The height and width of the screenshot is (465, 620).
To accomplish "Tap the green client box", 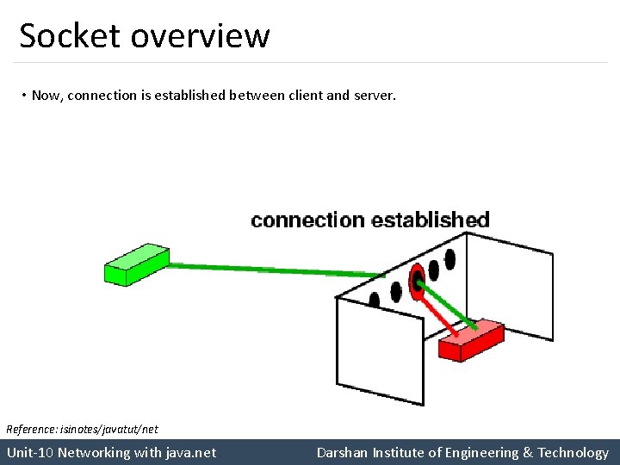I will pos(136,263).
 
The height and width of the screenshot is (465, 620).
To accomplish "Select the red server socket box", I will pos(470,341).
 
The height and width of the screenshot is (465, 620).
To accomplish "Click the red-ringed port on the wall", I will pos(418,280).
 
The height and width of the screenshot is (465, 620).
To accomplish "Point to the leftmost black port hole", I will pos(375,300).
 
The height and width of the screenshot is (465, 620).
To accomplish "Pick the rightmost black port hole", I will pos(449,258).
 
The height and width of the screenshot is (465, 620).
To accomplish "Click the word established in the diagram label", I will pos(430,220).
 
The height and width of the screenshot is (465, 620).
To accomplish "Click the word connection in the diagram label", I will pos(307,220).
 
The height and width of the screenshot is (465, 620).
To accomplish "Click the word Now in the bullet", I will pos(46,96).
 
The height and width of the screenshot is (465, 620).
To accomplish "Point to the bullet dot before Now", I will pos(24,96).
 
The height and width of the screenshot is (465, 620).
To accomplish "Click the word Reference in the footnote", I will pos(29,429).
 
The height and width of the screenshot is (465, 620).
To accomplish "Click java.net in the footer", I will pos(189,452).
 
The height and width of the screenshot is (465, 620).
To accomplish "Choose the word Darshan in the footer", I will pos(342,452).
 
